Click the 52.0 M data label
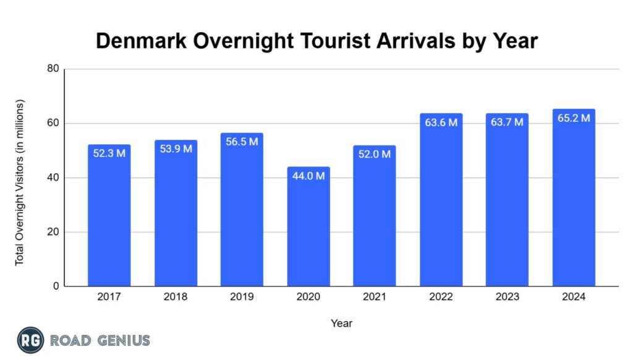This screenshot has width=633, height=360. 375,154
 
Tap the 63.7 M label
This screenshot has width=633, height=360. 507,122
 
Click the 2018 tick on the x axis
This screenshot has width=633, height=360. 176,297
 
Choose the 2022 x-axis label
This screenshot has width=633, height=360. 441,297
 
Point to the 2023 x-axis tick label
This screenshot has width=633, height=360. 507,297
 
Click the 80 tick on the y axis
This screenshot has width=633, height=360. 53,69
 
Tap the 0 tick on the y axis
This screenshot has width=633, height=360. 55,286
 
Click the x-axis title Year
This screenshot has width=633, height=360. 341,323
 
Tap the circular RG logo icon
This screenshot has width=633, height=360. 30,340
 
